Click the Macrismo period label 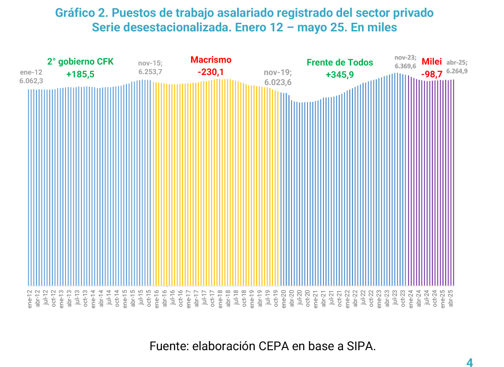pyautogui.click(x=211, y=60)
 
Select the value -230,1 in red pyautogui.click(x=211, y=72)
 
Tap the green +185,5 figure pyautogui.click(x=80, y=74)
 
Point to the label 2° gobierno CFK pyautogui.click(x=80, y=62)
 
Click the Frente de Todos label pyautogui.click(x=339, y=62)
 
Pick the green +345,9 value pyautogui.click(x=339, y=75)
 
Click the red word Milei pyautogui.click(x=432, y=61)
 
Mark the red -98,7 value pyautogui.click(x=432, y=73)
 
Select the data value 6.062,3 pyautogui.click(x=31, y=80)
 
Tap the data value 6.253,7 pyautogui.click(x=150, y=72)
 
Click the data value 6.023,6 pyautogui.click(x=278, y=82)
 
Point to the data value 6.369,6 pyautogui.click(x=405, y=66)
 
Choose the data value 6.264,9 pyautogui.click(x=457, y=71)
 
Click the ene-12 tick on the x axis pyautogui.click(x=30, y=299)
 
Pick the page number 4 pyautogui.click(x=470, y=362)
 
